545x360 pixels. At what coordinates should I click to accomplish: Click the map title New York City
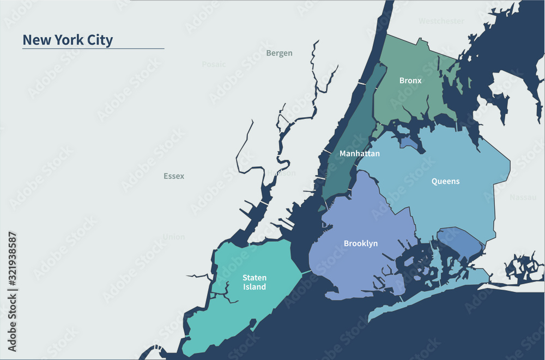tap(68, 40)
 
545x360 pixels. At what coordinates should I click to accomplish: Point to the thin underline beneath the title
tap(93, 49)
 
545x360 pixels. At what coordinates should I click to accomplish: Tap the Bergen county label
tap(279, 53)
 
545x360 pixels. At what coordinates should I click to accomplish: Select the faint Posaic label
tap(214, 64)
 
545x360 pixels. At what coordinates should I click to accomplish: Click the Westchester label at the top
tap(441, 21)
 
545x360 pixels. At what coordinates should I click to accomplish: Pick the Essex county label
tap(174, 176)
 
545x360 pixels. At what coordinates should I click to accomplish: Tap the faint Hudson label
tap(282, 173)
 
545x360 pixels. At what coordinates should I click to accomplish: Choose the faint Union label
tap(174, 237)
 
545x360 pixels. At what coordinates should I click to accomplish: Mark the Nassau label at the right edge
tap(523, 197)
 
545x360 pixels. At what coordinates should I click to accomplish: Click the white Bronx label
tap(410, 81)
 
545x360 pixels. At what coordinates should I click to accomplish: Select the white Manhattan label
tap(359, 154)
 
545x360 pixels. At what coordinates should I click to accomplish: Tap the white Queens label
tap(445, 181)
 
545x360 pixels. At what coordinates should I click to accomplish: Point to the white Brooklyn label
tap(360, 243)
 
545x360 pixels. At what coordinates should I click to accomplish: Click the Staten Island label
tap(255, 283)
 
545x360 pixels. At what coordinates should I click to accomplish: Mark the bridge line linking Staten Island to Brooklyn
tap(306, 271)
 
